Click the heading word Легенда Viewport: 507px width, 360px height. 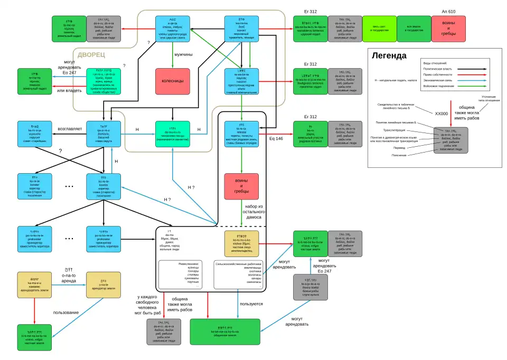389,55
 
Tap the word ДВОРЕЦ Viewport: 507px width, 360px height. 91,55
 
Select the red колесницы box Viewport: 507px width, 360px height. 173,81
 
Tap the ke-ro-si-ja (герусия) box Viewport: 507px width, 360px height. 34,134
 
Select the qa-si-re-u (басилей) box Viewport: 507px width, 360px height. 104,134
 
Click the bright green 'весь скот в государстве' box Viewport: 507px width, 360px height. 379,29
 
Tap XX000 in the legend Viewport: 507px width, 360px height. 441,113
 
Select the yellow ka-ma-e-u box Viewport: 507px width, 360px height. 34,285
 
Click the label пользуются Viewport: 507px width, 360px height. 251,304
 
